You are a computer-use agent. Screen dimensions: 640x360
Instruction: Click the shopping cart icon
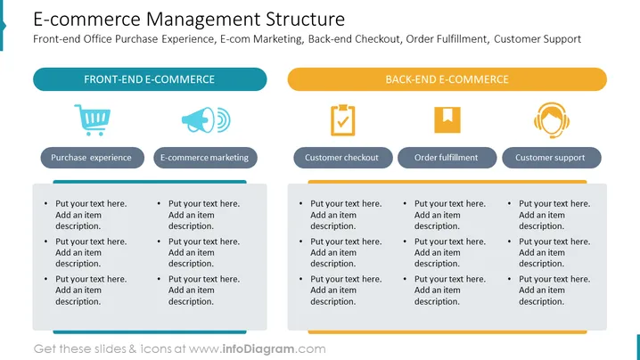(92, 120)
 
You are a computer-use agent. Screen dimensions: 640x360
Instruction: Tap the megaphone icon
(206, 120)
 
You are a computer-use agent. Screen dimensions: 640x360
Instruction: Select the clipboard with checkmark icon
(343, 120)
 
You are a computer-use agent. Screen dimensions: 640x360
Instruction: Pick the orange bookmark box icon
(447, 120)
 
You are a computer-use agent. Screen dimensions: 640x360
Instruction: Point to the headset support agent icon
(552, 120)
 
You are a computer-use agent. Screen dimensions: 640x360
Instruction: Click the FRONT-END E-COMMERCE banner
(150, 79)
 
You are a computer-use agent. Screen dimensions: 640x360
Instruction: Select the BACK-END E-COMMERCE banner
(447, 79)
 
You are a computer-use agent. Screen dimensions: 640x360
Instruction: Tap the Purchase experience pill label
(92, 158)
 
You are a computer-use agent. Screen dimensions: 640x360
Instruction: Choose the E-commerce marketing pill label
(205, 158)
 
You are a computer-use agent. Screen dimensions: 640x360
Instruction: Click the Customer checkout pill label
(343, 158)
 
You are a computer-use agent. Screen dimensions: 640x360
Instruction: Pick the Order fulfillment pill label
(447, 158)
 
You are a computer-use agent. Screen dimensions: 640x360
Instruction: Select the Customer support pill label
(552, 158)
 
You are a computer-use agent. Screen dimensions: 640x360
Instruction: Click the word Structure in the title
(306, 20)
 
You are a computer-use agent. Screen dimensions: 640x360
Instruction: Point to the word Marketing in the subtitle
(278, 39)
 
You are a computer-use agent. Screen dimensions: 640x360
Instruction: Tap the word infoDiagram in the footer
(258, 349)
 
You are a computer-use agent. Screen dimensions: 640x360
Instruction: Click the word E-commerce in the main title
(86, 20)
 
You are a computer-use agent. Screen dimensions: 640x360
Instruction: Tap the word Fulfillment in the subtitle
(462, 39)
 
